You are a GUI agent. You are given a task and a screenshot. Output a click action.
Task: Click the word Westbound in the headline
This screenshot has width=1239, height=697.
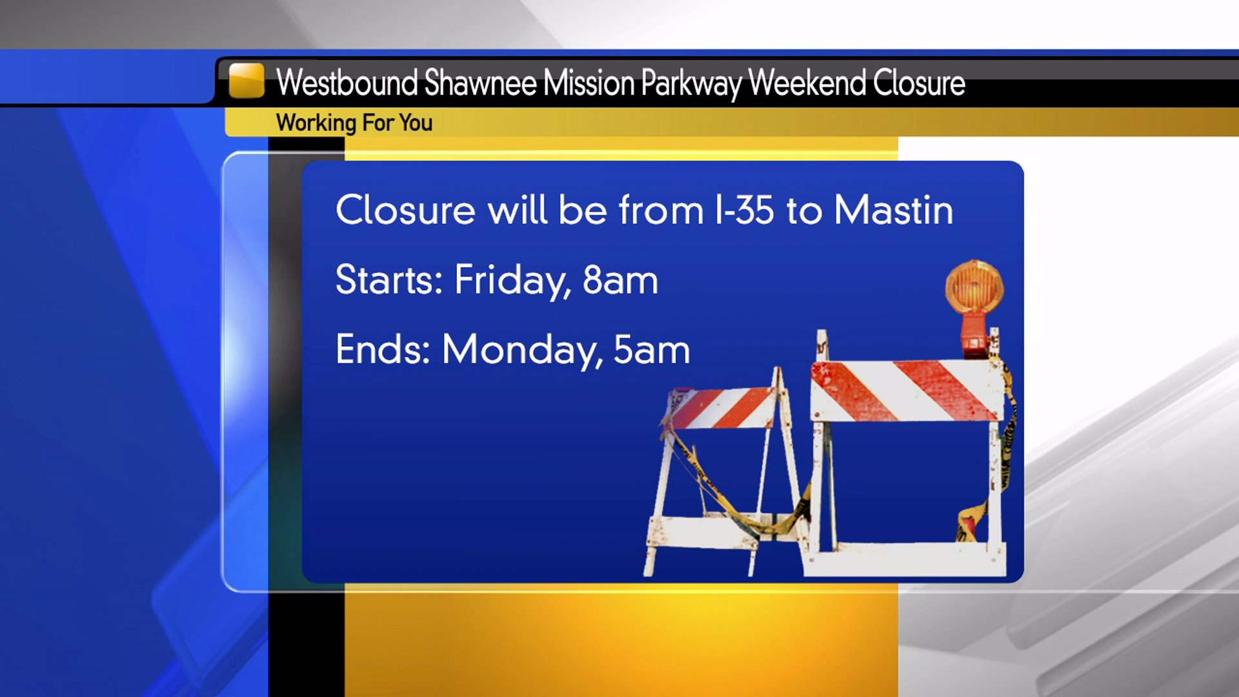click(x=347, y=83)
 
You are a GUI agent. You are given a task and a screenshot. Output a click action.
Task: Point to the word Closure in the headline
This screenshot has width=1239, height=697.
click(x=919, y=83)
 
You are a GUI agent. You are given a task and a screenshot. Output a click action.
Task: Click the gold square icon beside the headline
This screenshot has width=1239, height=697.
click(x=247, y=80)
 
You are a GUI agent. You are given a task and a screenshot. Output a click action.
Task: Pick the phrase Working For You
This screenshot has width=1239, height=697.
click(x=354, y=123)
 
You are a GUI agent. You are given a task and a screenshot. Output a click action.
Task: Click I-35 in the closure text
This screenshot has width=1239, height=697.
click(x=744, y=210)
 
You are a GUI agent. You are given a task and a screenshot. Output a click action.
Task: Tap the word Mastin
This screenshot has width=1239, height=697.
click(x=893, y=210)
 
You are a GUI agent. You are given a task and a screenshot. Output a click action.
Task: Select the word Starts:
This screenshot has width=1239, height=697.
click(x=389, y=279)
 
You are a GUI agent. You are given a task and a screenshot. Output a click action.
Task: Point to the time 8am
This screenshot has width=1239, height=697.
click(x=620, y=280)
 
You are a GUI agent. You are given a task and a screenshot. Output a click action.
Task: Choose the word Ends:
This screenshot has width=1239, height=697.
click(x=383, y=349)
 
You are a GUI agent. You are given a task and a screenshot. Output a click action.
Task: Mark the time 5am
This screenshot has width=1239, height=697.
click(x=652, y=350)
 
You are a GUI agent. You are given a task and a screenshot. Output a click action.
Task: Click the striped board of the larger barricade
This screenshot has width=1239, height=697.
click(x=906, y=390)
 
